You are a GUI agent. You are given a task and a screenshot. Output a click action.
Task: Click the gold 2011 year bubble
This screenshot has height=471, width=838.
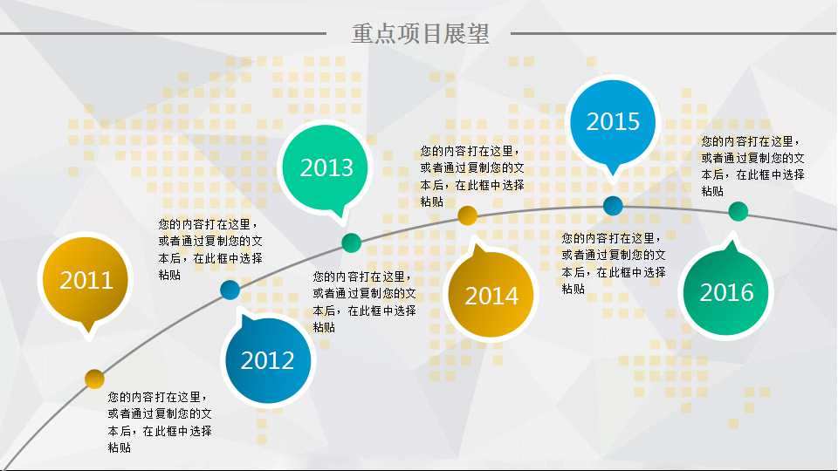click(x=86, y=280)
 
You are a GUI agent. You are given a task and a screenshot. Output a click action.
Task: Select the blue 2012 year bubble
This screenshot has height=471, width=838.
click(x=268, y=360)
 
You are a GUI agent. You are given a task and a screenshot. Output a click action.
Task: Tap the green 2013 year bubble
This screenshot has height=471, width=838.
click(x=326, y=167)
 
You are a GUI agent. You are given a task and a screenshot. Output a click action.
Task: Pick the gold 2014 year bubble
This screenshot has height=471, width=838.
click(x=491, y=295)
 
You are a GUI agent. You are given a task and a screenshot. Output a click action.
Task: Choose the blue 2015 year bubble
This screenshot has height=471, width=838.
click(x=613, y=122)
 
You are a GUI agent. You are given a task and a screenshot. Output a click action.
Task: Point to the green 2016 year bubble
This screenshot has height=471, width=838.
click(x=725, y=291)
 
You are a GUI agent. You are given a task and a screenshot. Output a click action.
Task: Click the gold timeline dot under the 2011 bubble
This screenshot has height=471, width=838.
click(x=94, y=379)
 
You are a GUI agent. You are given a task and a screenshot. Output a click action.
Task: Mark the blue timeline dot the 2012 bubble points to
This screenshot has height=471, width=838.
click(x=230, y=290)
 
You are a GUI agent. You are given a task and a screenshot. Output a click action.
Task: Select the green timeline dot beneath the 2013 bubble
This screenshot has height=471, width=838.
click(x=351, y=243)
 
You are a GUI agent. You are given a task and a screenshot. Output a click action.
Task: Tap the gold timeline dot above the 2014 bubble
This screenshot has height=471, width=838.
click(x=467, y=215)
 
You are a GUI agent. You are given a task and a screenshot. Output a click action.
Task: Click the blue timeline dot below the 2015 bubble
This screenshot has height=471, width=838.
click(x=613, y=206)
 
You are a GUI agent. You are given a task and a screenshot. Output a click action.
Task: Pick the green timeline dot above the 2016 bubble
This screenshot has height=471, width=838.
click(x=738, y=211)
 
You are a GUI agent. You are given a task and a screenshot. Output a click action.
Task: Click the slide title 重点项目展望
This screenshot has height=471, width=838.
click(x=420, y=33)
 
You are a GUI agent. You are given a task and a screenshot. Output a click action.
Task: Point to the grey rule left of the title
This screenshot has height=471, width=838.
click(x=163, y=34)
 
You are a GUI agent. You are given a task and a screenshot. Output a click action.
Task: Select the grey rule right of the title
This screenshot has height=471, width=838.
click(x=673, y=34)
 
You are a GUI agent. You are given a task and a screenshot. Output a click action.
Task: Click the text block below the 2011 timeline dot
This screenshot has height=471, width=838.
click(x=160, y=422)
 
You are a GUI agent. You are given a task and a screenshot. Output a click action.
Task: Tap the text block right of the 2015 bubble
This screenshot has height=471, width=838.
click(x=752, y=166)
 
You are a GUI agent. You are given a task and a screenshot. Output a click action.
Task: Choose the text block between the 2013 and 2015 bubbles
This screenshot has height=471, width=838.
click(x=472, y=176)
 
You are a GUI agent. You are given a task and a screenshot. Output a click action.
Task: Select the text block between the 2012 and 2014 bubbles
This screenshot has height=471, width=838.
click(x=364, y=302)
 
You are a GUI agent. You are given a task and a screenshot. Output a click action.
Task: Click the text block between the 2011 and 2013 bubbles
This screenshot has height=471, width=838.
click(x=210, y=249)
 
